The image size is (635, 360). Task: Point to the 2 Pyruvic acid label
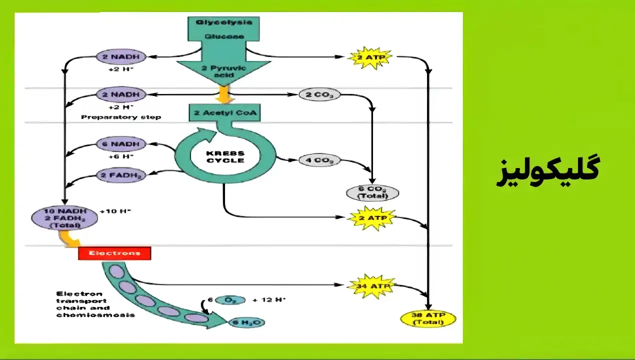(x=224, y=71)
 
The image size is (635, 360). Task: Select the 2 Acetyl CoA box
(x=224, y=113)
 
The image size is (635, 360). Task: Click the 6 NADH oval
(x=121, y=144)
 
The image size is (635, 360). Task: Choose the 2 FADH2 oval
(x=121, y=175)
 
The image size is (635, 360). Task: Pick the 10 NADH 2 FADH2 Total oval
(x=64, y=218)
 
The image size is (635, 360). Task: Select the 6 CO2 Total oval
(x=372, y=192)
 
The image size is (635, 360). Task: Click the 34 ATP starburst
(x=371, y=285)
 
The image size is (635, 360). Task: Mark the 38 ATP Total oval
(x=428, y=318)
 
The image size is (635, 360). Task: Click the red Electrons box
(x=114, y=253)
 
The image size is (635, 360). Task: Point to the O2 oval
(x=230, y=300)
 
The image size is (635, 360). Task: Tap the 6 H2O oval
(x=246, y=322)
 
